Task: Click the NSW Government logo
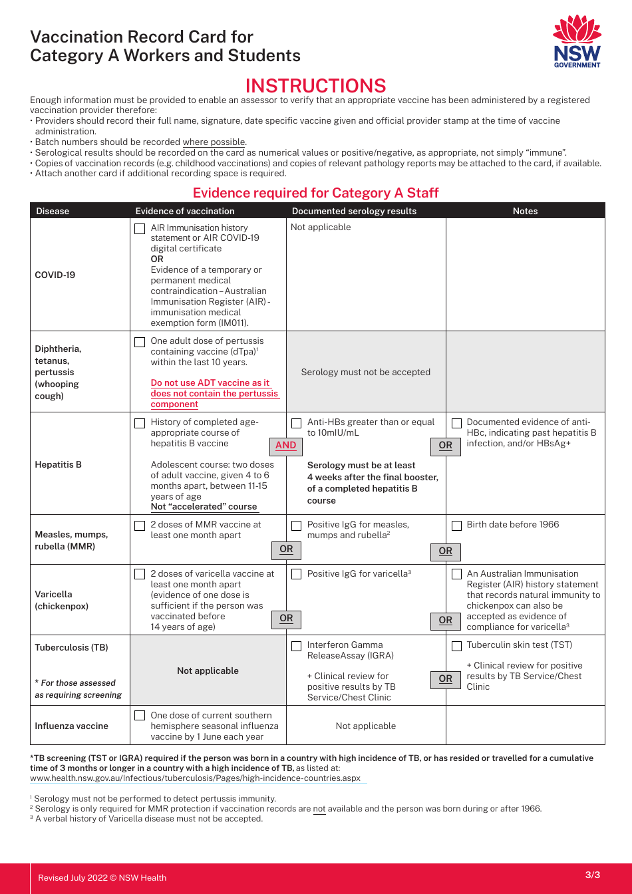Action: point(577,41)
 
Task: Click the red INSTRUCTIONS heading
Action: point(315,86)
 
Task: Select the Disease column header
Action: point(53,211)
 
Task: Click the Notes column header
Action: point(525,211)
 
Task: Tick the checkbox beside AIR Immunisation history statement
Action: point(140,229)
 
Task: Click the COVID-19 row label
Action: point(55,275)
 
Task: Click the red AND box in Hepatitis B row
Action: point(285,446)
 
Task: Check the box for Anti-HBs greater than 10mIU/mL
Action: point(297,423)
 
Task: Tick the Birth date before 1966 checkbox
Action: point(456,525)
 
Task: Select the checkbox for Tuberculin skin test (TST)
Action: point(456,646)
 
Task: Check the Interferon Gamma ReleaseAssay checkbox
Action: point(297,646)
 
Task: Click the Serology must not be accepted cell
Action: point(366,372)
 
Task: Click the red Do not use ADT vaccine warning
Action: point(214,393)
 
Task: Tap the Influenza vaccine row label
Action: point(71,726)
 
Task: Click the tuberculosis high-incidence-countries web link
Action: point(195,778)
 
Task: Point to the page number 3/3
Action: point(592,875)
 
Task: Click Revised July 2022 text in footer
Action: point(102,877)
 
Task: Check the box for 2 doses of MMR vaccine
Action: point(140,525)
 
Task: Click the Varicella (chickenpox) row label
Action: point(61,600)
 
